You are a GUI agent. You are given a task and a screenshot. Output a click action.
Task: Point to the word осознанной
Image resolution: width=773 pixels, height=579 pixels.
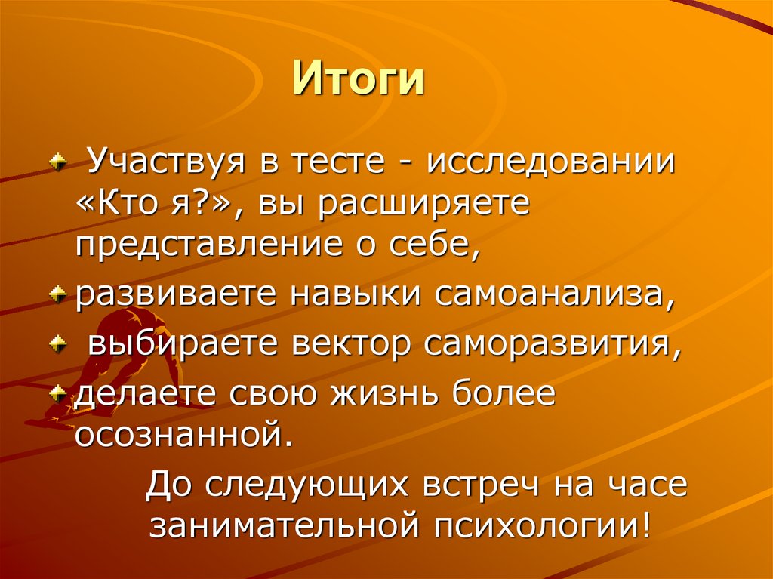pos(182,433)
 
